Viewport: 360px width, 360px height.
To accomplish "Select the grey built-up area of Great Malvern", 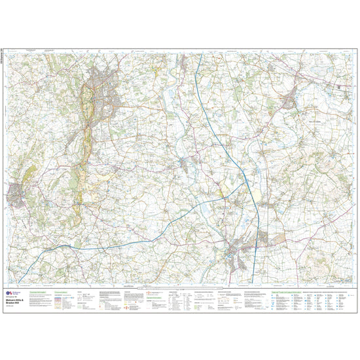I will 103,92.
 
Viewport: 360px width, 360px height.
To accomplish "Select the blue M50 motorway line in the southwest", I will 131,230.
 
